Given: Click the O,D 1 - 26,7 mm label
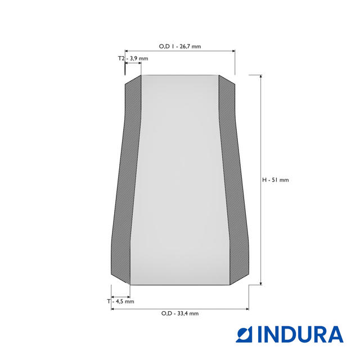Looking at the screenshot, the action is pos(180,46).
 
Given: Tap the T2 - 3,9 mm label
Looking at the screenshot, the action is pos(133,58).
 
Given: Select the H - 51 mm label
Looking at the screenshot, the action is pos(275,180).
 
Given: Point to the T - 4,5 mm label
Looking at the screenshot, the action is pos(120,301).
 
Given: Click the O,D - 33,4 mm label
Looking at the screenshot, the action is pos(180,313).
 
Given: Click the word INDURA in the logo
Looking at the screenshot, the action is pos(300,334).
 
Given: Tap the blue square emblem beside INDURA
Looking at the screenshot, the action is pos(244,334).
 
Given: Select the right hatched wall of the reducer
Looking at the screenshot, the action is pos(234,179).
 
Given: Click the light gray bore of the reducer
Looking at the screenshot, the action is pos(180,180).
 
